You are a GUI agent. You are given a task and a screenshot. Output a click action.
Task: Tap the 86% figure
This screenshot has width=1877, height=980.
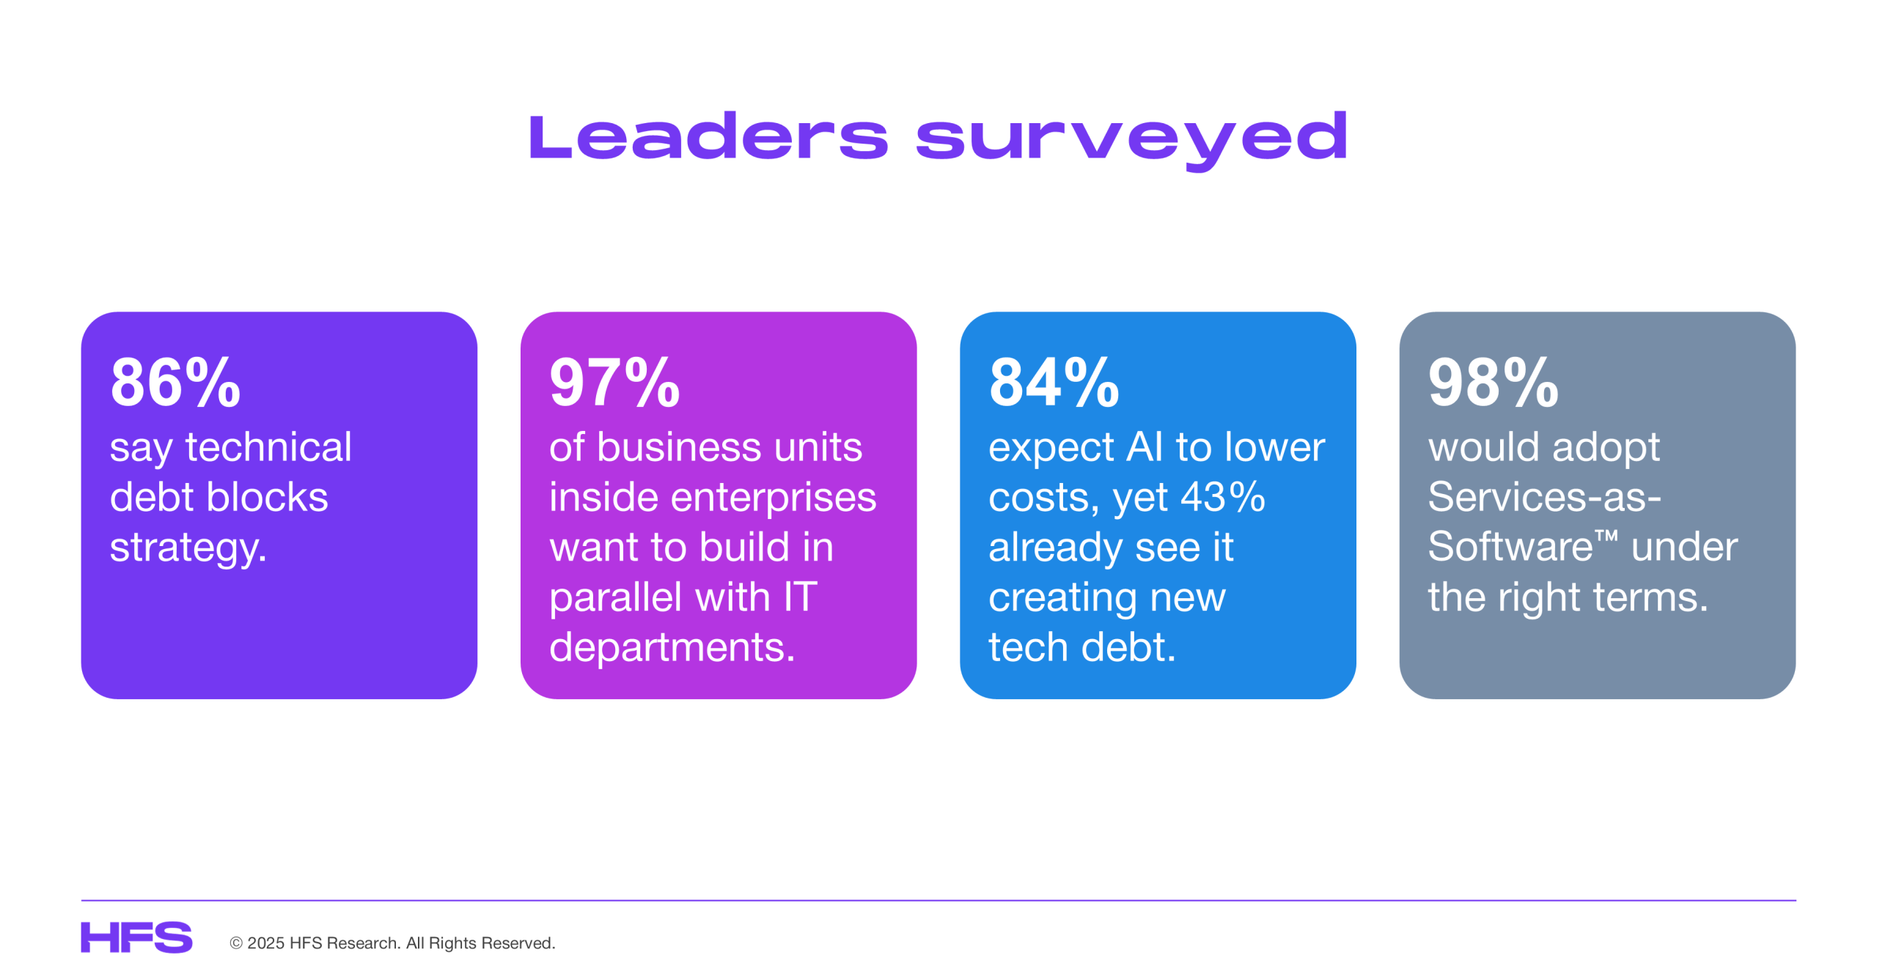pos(175,382)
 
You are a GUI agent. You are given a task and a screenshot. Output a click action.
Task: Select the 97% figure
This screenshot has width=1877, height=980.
pos(614,382)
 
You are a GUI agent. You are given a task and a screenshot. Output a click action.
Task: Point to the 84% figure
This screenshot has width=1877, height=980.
pos(1054,382)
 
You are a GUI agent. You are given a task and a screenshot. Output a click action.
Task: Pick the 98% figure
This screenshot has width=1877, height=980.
pos(1493,382)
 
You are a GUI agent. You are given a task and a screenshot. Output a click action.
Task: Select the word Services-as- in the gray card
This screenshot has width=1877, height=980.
pos(1544,497)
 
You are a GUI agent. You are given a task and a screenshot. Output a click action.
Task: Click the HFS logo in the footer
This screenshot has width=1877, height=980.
pos(136,937)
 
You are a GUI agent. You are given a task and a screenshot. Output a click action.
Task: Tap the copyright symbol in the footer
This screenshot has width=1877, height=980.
pos(236,943)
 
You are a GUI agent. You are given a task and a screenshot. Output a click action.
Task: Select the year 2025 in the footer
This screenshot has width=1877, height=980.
pos(265,943)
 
